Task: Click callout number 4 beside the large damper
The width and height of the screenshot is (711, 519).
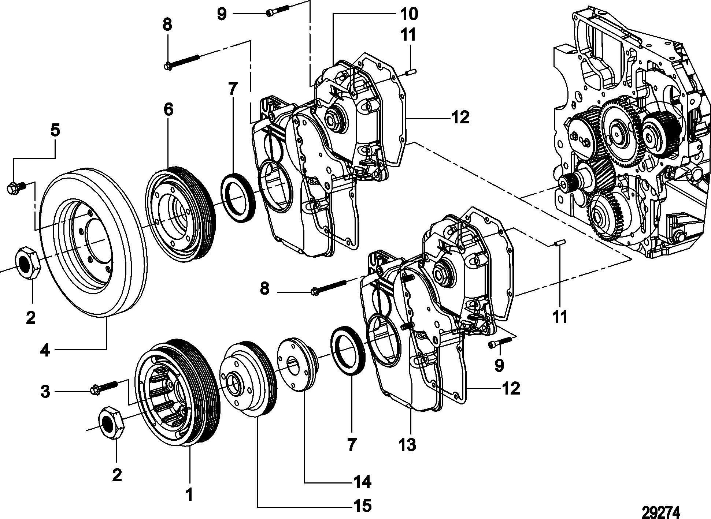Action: pos(45,351)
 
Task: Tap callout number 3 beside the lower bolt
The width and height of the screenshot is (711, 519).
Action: pos(45,392)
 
